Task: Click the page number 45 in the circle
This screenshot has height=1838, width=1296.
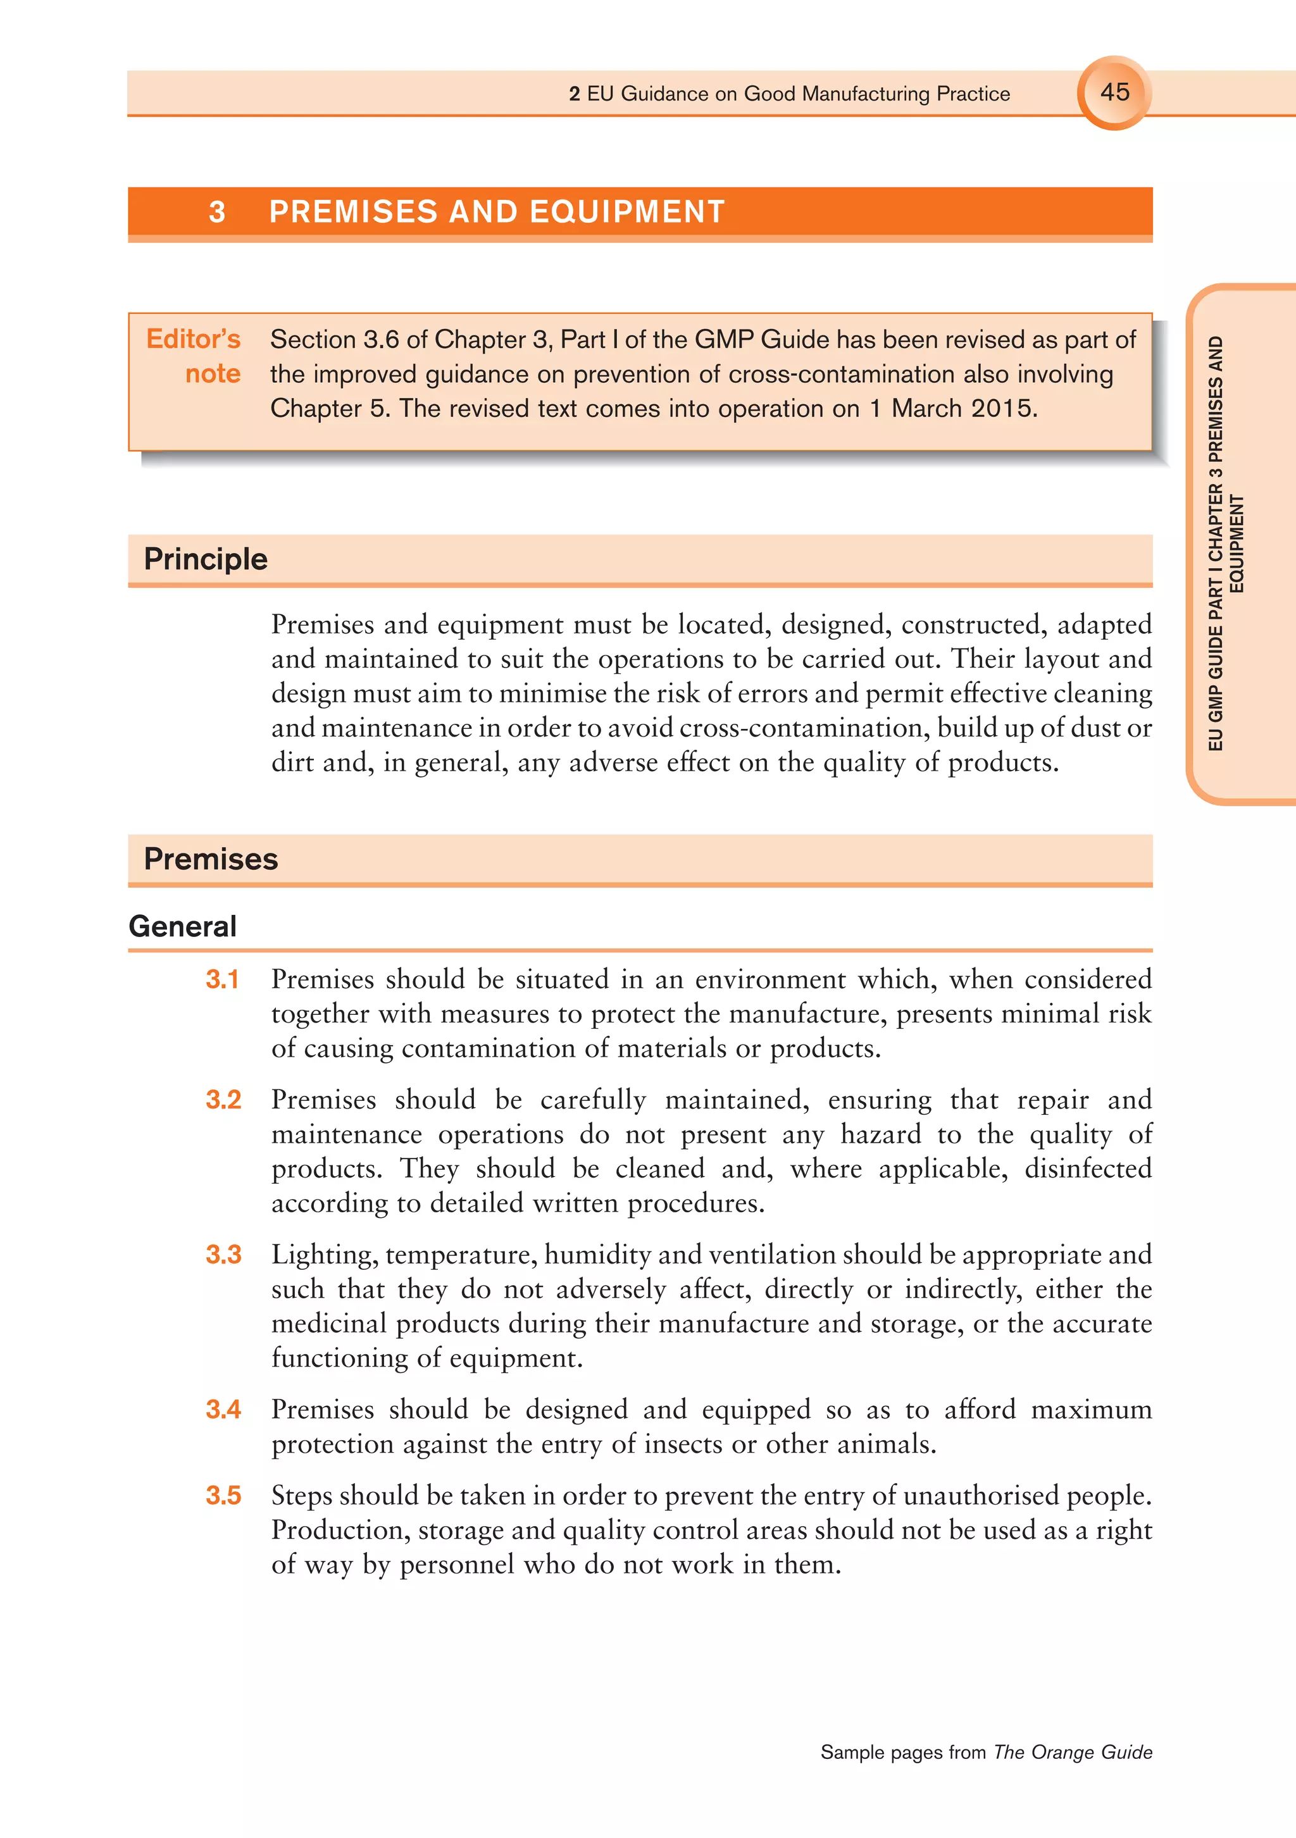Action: tap(1114, 92)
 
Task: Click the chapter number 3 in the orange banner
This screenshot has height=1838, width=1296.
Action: tap(216, 212)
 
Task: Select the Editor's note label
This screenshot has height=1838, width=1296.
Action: tap(194, 356)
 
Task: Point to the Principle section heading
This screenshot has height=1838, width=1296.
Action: tap(206, 559)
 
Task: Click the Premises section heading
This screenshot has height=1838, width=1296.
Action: tap(211, 859)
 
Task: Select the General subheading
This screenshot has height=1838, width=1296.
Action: tap(182, 926)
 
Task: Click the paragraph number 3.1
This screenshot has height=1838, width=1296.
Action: tap(223, 979)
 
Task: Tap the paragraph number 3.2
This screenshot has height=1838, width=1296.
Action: tap(223, 1100)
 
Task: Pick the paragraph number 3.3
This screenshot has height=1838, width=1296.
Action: tap(223, 1255)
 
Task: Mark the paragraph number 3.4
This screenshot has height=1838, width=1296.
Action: tap(223, 1409)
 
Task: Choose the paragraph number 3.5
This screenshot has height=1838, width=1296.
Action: tap(223, 1495)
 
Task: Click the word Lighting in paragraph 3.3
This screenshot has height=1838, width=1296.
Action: tap(323, 1255)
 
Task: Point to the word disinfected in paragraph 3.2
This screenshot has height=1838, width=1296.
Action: tap(1088, 1169)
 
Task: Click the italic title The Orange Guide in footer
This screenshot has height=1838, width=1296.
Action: tap(1073, 1753)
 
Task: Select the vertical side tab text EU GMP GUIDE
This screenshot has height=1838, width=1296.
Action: tap(1215, 688)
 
